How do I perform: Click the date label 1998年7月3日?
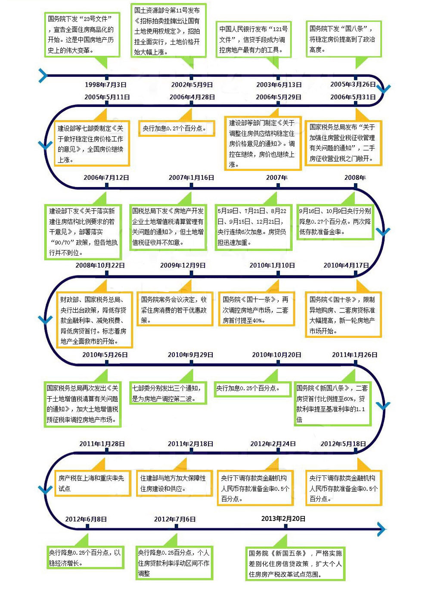tap(105, 84)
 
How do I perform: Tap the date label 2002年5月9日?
tap(192, 84)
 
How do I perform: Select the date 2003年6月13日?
tap(279, 84)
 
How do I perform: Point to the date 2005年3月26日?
tap(353, 84)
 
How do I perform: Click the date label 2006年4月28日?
tap(192, 97)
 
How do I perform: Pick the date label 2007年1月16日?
tap(191, 178)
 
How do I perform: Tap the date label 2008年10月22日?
tap(100, 266)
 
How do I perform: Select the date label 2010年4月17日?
tap(346, 266)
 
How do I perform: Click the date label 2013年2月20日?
tap(283, 519)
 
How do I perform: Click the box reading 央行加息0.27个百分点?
tap(177, 128)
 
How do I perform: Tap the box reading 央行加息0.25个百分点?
tap(253, 389)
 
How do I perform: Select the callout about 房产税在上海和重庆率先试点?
tap(93, 483)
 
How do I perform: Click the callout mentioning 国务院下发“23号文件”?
tap(82, 34)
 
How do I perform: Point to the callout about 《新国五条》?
tap(295, 563)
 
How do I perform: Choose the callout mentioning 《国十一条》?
tap(257, 309)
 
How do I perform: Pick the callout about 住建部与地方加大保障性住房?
tap(174, 483)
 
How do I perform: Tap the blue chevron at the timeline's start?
tap(43, 76)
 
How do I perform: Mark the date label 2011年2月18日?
tap(191, 444)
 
